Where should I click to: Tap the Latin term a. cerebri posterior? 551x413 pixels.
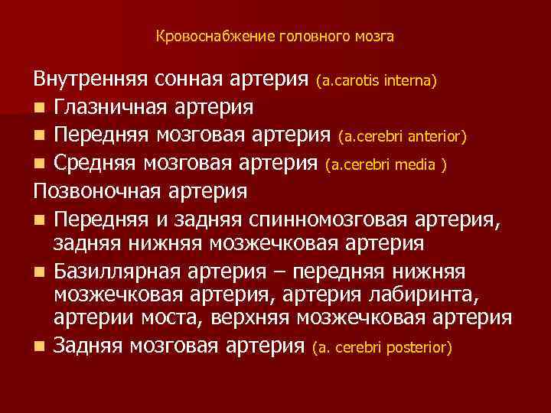(x=383, y=348)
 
